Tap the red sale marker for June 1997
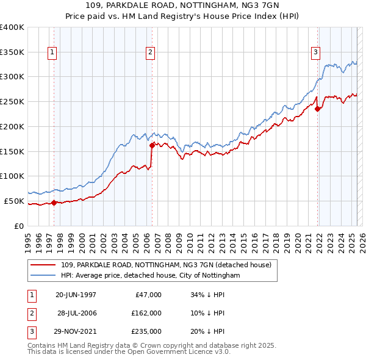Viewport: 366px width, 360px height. [54, 203]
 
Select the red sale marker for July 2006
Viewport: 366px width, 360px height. [152, 145]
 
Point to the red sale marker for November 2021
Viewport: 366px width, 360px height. [318, 109]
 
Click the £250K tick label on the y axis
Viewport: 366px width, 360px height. [12, 101]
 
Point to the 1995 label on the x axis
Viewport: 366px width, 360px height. [28, 237]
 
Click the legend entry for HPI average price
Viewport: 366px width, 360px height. [150, 276]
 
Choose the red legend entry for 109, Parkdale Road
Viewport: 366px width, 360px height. [170, 265]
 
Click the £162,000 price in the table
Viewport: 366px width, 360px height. [146, 313]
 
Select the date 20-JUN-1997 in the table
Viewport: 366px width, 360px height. [76, 295]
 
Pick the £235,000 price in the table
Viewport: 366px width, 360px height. [146, 331]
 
